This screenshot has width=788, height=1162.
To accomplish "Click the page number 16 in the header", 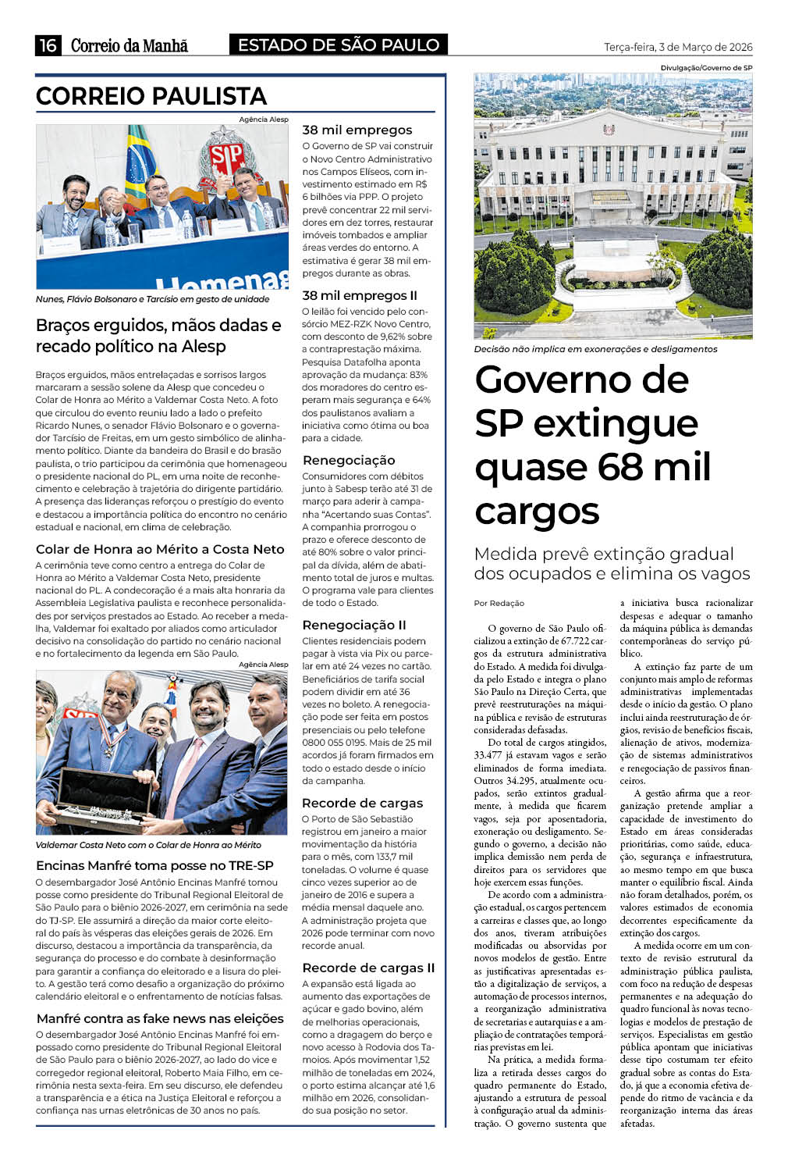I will pos(48,45).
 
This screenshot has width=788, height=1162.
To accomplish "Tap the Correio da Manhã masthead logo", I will pos(130,45).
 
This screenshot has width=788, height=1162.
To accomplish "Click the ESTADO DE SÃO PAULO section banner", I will pos(339,45).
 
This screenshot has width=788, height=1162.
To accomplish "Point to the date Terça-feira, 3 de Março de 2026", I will pos(678,47).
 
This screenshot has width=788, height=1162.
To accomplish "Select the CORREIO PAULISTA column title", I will pos(151,96).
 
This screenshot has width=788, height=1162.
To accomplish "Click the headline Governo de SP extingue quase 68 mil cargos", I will pos(593,445).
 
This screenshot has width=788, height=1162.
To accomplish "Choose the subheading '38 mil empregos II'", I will pos(360,295).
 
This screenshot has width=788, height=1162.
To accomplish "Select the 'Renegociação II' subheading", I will pos(354,625).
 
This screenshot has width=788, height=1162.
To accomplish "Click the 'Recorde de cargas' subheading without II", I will pos(362,803).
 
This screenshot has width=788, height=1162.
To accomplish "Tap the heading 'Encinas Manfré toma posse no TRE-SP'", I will pos(154,865).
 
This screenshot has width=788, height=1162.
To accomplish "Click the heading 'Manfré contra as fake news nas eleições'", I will pos(160,1018).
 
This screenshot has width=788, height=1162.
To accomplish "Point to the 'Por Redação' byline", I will pos(499,603).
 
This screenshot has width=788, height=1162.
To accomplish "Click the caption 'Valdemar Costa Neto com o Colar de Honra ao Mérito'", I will pos(148,845).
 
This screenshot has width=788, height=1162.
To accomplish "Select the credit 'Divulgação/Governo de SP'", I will pos(706,68).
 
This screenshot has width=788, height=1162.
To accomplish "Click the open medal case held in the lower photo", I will pos(105,795).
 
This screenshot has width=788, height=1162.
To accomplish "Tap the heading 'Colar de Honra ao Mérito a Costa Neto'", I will pos(160,549).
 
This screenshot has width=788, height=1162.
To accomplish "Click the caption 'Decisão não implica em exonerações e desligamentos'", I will pos(596,349).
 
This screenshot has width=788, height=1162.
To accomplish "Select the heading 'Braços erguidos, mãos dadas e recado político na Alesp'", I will pos(158,336).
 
